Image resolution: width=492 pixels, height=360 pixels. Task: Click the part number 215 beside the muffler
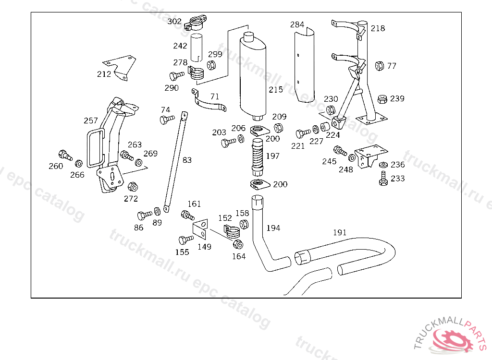276,90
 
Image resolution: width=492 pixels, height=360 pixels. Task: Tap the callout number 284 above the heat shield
297,24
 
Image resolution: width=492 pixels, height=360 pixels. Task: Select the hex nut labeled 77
380,66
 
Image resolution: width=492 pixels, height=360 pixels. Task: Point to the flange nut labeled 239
382,99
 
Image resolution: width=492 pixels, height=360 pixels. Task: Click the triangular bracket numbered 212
120,68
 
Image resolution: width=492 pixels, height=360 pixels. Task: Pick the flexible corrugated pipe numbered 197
258,157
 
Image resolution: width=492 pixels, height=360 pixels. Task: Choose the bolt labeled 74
167,120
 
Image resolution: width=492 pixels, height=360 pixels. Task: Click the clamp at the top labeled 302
196,23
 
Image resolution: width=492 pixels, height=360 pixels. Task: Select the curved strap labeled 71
209,101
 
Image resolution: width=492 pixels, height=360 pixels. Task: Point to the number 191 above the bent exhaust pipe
340,232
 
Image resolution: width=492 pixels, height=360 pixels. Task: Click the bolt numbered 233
383,179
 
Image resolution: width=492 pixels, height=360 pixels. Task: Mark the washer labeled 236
383,165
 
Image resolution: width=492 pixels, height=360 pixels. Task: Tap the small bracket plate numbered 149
200,229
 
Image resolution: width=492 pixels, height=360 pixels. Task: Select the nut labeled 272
133,187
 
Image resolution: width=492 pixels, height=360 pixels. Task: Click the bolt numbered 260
65,155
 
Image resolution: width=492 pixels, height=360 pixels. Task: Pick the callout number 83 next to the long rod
187,160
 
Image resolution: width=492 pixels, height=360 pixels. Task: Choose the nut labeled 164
238,244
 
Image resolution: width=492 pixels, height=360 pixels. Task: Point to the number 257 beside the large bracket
91,120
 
